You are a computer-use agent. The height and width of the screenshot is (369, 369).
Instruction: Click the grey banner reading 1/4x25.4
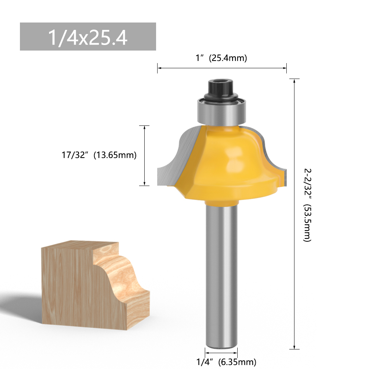88,37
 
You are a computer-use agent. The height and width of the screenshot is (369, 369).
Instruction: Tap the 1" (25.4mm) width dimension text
221,58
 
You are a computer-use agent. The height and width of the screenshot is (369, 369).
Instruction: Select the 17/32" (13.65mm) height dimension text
99,155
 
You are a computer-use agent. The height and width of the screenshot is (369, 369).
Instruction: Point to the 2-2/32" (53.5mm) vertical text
307,205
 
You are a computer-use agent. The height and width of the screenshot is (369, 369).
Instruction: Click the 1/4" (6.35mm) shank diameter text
226,362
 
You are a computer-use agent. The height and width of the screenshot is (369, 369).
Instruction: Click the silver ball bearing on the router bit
221,112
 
